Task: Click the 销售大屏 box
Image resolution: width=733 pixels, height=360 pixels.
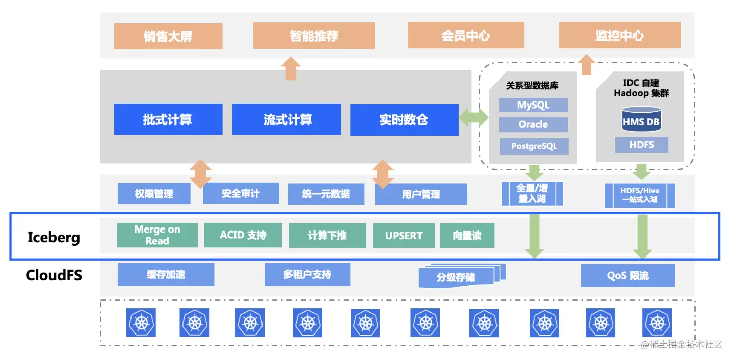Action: click(x=168, y=37)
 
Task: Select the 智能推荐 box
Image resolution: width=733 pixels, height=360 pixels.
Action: click(x=314, y=36)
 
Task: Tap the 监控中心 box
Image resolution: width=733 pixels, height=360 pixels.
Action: click(x=619, y=36)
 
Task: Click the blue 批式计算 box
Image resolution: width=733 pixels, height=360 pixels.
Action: click(x=168, y=120)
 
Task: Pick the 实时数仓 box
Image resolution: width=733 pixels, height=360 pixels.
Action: click(x=404, y=120)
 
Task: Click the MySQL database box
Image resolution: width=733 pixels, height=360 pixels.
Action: click(x=533, y=105)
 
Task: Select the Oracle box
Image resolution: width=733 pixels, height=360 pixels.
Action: click(x=533, y=124)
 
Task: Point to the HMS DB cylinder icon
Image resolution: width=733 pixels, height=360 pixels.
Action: click(x=641, y=120)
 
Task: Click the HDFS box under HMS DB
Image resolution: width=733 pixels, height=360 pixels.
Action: click(x=641, y=145)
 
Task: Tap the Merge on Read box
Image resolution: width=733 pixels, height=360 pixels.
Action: click(x=157, y=235)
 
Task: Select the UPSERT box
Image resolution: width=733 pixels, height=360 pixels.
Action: click(x=404, y=236)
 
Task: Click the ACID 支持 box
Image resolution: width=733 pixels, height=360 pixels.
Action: click(x=243, y=235)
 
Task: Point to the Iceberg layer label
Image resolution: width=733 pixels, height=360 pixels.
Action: click(x=54, y=237)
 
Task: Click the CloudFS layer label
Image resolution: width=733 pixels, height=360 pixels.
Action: click(x=54, y=276)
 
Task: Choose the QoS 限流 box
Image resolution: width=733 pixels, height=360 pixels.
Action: click(x=627, y=276)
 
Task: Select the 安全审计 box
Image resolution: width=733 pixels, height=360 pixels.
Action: click(x=241, y=193)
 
